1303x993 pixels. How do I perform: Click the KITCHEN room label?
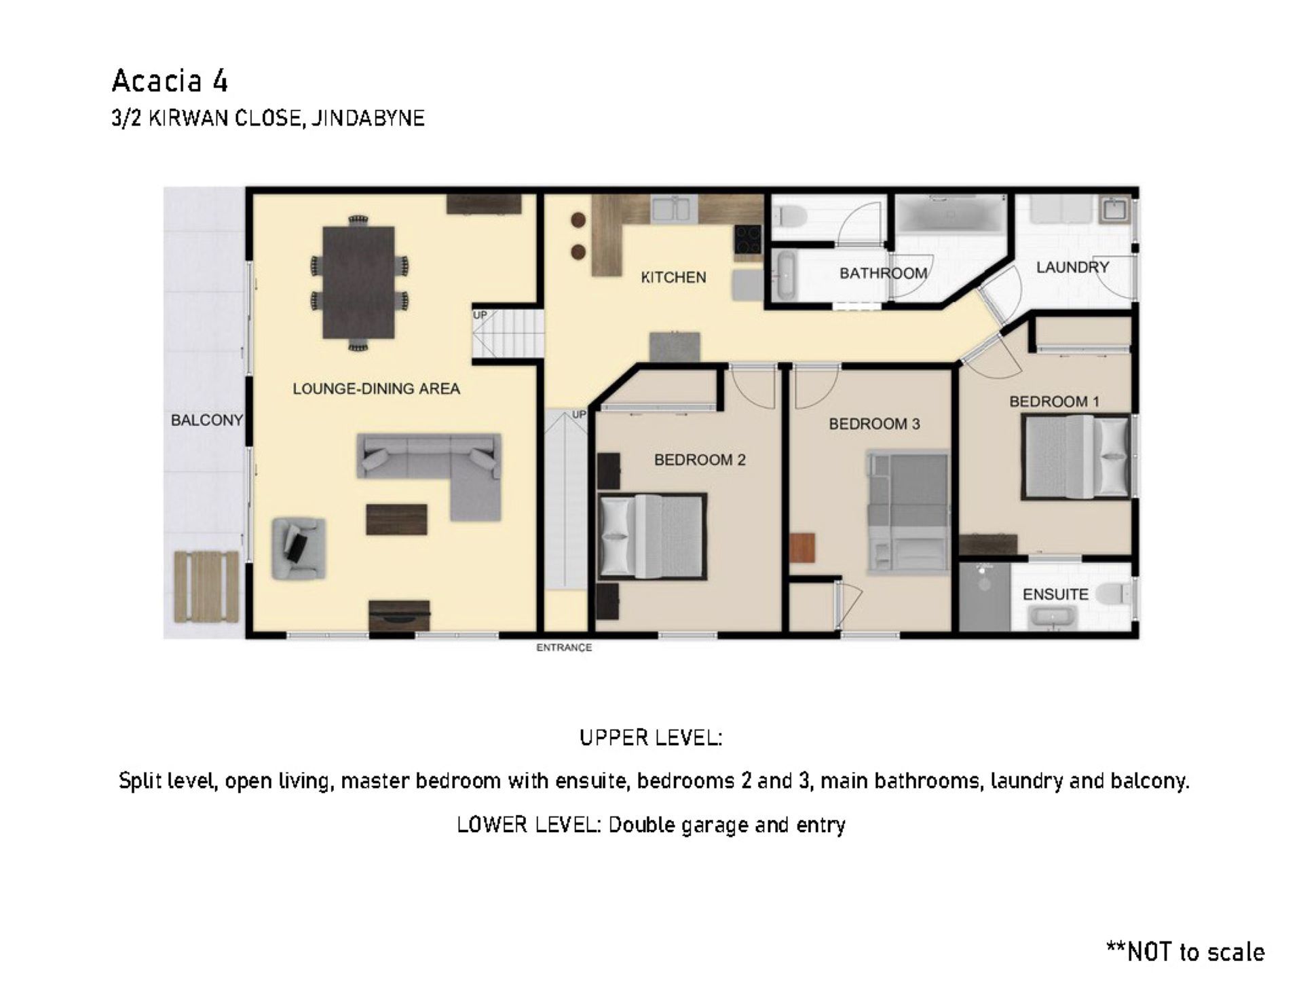[x=673, y=277]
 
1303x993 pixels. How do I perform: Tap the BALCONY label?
[x=207, y=420]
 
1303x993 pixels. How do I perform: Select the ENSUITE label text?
[x=1055, y=594]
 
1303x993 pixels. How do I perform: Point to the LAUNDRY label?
[x=1072, y=267]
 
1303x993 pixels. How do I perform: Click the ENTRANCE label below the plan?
[x=564, y=647]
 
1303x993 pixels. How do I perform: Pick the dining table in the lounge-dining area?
[x=359, y=283]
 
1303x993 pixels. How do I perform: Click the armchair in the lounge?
[x=299, y=548]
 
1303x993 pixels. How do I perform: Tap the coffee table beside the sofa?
[x=396, y=520]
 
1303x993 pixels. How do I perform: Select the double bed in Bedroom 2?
[x=652, y=535]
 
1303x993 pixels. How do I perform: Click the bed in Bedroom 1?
[x=1077, y=456]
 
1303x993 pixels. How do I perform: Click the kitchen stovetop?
[x=748, y=240]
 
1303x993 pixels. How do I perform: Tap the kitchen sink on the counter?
[x=674, y=209]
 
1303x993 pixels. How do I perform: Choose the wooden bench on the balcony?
[x=206, y=587]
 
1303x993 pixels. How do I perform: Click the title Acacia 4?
[x=170, y=81]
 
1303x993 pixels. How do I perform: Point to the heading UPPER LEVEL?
[x=651, y=738]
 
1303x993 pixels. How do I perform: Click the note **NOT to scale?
[x=1186, y=952]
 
